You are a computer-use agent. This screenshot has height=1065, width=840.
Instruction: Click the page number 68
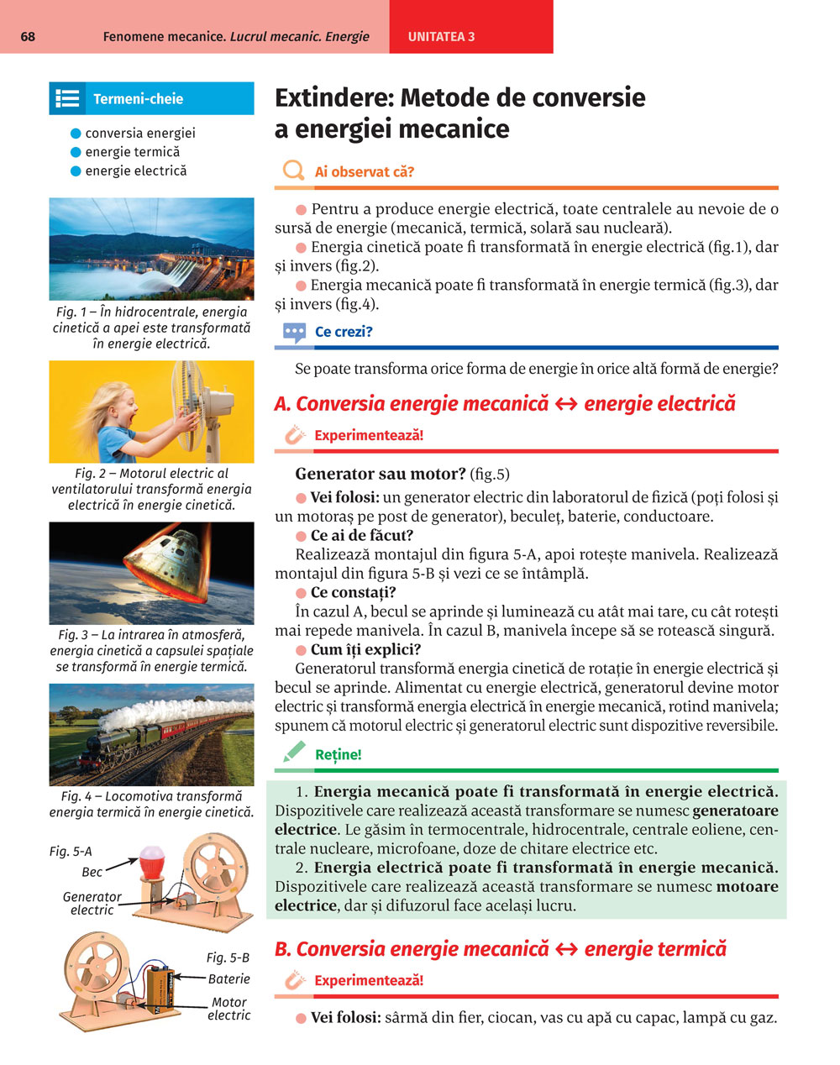[28, 37]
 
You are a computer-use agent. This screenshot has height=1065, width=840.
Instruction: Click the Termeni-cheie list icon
[67, 98]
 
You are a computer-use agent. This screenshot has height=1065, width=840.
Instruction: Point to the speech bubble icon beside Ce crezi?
[295, 333]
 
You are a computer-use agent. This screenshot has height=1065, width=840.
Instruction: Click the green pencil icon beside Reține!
[294, 753]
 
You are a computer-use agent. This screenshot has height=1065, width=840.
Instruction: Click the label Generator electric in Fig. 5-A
[92, 903]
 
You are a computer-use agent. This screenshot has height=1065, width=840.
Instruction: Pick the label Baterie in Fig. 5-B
[229, 978]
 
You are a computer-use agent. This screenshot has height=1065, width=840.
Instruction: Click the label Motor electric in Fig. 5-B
[229, 1009]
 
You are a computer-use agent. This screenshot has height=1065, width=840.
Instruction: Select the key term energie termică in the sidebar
[133, 152]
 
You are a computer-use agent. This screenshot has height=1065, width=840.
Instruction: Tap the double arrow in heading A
[566, 404]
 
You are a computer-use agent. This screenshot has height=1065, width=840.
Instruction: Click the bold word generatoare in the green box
[735, 811]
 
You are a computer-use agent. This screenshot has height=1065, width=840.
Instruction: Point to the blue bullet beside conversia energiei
[76, 133]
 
